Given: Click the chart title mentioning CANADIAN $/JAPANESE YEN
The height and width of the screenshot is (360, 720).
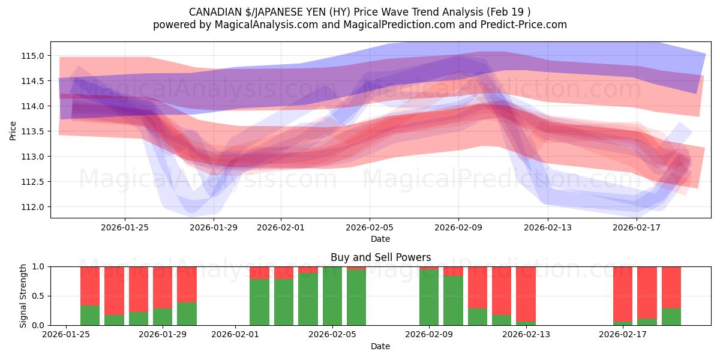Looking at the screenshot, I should pyautogui.click(x=360, y=12).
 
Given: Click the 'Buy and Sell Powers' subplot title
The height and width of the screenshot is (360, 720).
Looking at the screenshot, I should pyautogui.click(x=380, y=257).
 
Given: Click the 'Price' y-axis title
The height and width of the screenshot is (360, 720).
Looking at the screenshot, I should pyautogui.click(x=13, y=130).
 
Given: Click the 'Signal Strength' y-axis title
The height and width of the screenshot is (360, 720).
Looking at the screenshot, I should pyautogui.click(x=23, y=295).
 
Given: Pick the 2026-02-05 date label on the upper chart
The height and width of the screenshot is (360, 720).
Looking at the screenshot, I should pyautogui.click(x=370, y=227).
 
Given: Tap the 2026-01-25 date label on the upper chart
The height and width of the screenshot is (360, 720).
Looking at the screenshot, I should pyautogui.click(x=125, y=227).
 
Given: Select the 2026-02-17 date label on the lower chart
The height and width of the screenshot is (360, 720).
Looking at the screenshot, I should pyautogui.click(x=623, y=335).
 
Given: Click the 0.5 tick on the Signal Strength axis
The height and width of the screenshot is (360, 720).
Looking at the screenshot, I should pyautogui.click(x=38, y=296).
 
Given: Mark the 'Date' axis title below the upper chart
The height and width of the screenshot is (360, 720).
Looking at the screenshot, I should pyautogui.click(x=380, y=239).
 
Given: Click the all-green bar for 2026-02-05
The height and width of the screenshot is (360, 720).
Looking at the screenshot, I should pyautogui.click(x=332, y=296).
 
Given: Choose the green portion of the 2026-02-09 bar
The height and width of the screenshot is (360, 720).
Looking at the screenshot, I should pyautogui.click(x=429, y=297).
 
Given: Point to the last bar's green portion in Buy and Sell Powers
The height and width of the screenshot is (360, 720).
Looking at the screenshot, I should pyautogui.click(x=671, y=317).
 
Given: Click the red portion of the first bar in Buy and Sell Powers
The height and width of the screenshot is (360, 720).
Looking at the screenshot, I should pyautogui.click(x=90, y=285).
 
